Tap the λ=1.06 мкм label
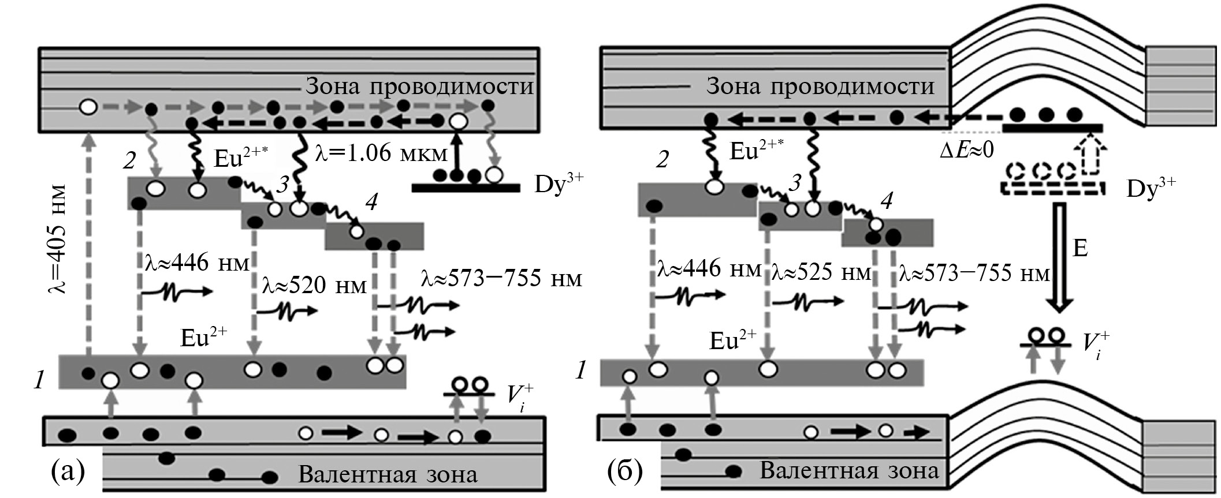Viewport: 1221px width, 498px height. [x=382, y=153]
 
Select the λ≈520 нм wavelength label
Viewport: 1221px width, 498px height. [x=314, y=284]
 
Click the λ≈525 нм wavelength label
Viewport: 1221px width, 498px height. [x=820, y=272]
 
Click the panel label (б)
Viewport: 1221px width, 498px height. [x=624, y=470]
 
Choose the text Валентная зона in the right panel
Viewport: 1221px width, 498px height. [x=849, y=471]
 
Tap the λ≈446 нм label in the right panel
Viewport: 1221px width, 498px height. [x=708, y=269]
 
